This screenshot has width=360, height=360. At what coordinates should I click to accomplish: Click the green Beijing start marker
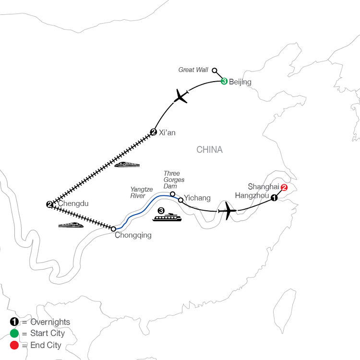coord(224,81)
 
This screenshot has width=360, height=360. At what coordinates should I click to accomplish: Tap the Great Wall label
coord(193,70)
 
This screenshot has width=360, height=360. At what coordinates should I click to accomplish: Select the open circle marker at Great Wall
coord(214,70)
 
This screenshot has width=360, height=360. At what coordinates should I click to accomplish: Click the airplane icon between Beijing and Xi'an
coord(181,96)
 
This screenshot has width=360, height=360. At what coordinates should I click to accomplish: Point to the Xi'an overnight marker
coord(154,132)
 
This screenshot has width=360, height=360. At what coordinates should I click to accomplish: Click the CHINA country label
coord(209,150)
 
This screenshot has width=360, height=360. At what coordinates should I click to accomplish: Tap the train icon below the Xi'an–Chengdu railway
coord(127,164)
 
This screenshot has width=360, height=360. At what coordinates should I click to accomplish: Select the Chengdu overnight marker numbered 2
coord(49,204)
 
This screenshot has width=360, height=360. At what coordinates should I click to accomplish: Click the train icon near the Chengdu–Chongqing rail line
coord(71,225)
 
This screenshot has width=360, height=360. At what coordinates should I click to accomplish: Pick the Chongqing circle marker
coord(113,229)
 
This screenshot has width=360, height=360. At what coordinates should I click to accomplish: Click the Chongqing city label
coord(133,235)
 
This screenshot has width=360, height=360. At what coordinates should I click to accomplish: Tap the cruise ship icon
coord(167,217)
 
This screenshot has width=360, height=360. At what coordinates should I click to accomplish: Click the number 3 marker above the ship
coord(161,211)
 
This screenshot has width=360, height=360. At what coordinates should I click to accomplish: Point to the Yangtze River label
coord(142,192)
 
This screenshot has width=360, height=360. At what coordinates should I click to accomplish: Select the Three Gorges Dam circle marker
coord(172,194)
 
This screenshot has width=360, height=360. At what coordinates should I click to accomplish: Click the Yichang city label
coord(197,198)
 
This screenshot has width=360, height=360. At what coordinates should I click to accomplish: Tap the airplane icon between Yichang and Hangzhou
coord(227,211)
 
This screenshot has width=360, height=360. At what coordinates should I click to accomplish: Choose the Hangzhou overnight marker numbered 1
coord(274,198)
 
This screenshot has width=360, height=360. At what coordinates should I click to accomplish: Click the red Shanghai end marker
coord(284,188)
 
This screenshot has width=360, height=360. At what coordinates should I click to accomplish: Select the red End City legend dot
coord(14,345)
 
